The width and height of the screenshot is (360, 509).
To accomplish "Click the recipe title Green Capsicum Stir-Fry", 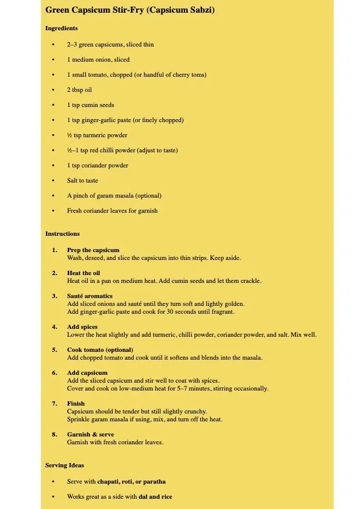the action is [129, 10].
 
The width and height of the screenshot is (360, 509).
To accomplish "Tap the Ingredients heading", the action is [61, 28].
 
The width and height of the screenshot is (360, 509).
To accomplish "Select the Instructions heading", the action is [62, 234].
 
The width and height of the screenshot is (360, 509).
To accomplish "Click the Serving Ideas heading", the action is [65, 465].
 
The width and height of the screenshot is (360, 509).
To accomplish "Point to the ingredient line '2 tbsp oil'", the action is [79, 90].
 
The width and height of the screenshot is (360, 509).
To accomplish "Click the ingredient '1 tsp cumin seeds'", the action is [90, 105].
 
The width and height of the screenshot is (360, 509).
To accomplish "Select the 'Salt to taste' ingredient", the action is [82, 181].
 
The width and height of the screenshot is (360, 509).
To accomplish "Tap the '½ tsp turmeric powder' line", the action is [97, 135].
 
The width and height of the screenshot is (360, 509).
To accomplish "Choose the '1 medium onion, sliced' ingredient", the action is [98, 60].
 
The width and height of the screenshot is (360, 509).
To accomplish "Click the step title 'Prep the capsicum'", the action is [93, 250].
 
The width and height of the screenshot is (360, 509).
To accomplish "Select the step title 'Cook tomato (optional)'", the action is [100, 350].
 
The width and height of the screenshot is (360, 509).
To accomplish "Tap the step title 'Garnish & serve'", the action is [90, 435].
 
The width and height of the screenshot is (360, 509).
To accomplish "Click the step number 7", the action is [54, 404].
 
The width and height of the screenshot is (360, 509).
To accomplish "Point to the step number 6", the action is [54, 373].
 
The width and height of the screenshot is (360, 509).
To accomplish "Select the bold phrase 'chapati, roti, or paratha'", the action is [131, 482].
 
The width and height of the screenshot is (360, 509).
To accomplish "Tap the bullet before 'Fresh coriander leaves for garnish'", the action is [53, 211].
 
